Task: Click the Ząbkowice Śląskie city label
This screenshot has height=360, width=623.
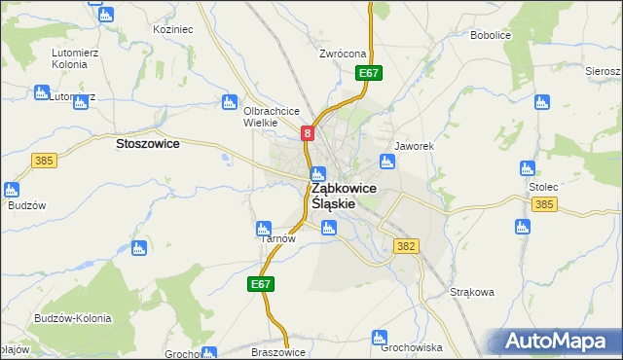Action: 345,196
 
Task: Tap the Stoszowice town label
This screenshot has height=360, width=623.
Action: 147,143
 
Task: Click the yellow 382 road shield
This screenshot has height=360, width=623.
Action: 407,246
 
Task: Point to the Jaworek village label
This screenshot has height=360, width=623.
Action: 412,146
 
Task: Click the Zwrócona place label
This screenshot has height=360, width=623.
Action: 342,54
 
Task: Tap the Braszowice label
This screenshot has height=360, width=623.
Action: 278,352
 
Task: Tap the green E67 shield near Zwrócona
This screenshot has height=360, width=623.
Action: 368,73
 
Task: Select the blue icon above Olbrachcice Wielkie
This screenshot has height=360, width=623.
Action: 230,101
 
